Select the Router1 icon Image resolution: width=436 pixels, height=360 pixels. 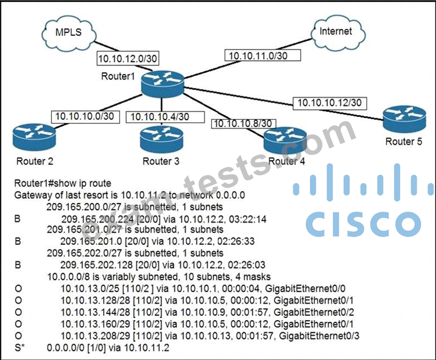163,84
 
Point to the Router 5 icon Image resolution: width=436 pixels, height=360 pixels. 404,119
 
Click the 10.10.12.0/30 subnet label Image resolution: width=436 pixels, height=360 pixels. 128,59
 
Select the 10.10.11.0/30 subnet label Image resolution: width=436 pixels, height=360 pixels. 263,55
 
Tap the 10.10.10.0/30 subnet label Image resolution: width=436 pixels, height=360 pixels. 85,117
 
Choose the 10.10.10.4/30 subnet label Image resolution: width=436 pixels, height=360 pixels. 165,117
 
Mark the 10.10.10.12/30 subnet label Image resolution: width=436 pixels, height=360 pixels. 330,103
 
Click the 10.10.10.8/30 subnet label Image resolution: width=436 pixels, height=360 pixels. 244,124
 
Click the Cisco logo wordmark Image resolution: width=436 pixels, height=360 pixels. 364,224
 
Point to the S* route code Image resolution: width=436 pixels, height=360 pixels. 19,348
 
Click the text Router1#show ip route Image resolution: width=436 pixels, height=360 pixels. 63,183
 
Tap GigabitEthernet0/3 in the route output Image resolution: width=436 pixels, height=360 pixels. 319,336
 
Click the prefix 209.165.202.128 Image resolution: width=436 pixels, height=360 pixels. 96,265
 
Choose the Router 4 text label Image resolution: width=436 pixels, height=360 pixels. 287,161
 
